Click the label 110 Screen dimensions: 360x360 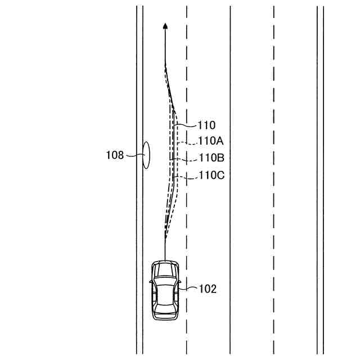click(207, 125)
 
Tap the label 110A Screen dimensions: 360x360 click(211, 142)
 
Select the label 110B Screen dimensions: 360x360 click(211, 158)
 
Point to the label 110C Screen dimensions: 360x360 click(211, 175)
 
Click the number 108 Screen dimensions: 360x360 click(115, 155)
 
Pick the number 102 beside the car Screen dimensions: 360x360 click(208, 289)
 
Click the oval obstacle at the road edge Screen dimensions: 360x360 click(146, 155)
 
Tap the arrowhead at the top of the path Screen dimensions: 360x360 click(165, 25)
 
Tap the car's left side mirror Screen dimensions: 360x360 click(151, 281)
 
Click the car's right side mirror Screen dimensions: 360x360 click(178, 281)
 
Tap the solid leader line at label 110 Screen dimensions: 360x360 click(187, 125)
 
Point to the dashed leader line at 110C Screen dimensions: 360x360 click(187, 177)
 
